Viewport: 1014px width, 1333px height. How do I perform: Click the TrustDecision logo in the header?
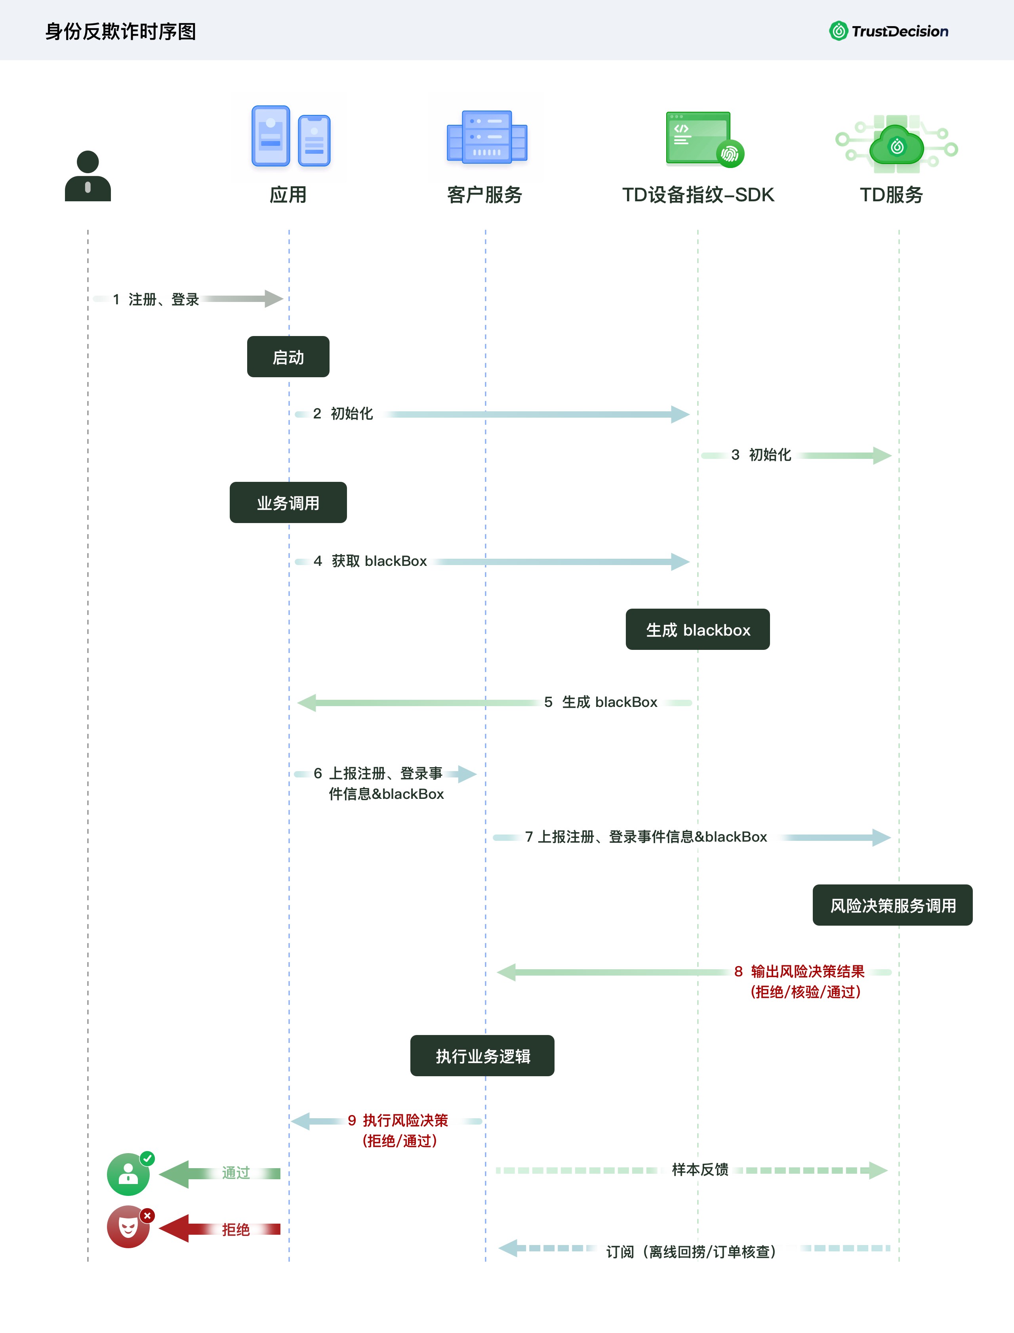pyautogui.click(x=888, y=31)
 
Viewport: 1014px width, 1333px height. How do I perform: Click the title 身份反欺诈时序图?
pyautogui.click(x=121, y=31)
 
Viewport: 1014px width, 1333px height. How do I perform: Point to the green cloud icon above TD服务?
pyautogui.click(x=896, y=145)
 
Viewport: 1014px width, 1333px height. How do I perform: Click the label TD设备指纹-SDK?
pyautogui.click(x=698, y=195)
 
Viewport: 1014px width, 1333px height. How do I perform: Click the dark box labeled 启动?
pyautogui.click(x=288, y=357)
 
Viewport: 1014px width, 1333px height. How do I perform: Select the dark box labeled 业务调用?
pyautogui.click(x=288, y=502)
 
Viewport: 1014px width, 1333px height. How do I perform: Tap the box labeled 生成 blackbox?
pyautogui.click(x=698, y=629)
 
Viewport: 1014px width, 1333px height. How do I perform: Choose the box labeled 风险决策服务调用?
pyautogui.click(x=893, y=905)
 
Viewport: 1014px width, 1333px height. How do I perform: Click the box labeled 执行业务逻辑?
pyautogui.click(x=482, y=1055)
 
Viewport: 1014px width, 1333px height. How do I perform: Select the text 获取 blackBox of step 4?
pyautogui.click(x=379, y=561)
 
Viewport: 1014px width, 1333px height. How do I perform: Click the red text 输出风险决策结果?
pyautogui.click(x=808, y=971)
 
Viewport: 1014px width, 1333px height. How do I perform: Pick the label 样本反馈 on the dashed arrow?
pyautogui.click(x=700, y=1169)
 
